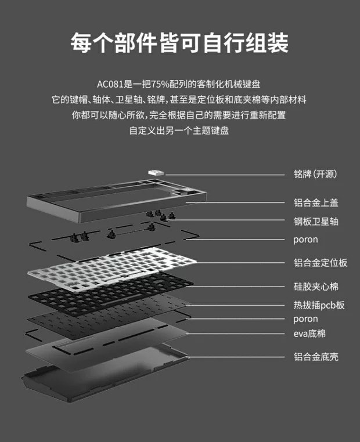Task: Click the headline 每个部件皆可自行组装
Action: point(179,43)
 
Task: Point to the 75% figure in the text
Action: point(160,84)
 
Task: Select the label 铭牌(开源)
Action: point(315,174)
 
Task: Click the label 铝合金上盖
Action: point(316,202)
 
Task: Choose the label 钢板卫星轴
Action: point(316,221)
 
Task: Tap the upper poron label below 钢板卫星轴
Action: point(305,240)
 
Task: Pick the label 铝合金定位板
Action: point(321,263)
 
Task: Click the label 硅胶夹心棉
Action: point(316,287)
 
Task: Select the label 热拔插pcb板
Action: point(319,305)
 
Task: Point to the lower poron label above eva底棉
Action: point(305,320)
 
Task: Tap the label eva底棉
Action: point(309,334)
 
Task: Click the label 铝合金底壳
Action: point(316,357)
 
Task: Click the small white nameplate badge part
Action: point(156,172)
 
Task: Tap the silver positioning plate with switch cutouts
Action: point(112,268)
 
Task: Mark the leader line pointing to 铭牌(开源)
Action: point(225,175)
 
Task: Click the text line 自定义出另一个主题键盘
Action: point(179,131)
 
